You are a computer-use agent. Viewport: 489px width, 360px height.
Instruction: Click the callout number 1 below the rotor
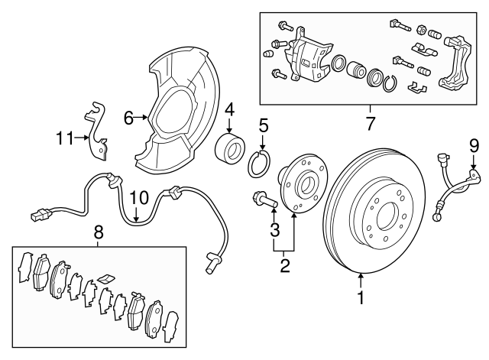[x=361, y=299]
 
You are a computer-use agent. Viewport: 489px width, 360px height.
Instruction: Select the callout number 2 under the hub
[x=284, y=266]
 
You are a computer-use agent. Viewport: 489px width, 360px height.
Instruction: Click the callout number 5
[x=263, y=125]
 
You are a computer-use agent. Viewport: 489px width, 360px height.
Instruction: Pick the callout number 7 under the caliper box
[x=371, y=122]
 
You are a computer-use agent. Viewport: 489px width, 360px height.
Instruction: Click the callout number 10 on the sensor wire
[x=135, y=198]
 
